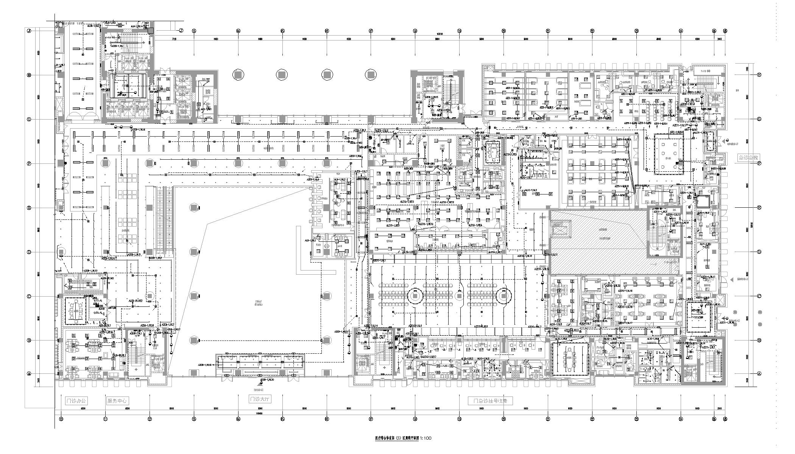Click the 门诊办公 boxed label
coord(76,401)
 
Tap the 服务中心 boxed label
coord(117,401)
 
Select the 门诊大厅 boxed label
coord(260,399)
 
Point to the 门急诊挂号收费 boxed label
coord(490,401)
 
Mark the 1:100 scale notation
coord(425,438)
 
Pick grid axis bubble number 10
coord(61,419)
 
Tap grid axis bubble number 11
coord(106,419)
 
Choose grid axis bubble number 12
coord(150,419)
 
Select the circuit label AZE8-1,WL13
coord(90,271)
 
